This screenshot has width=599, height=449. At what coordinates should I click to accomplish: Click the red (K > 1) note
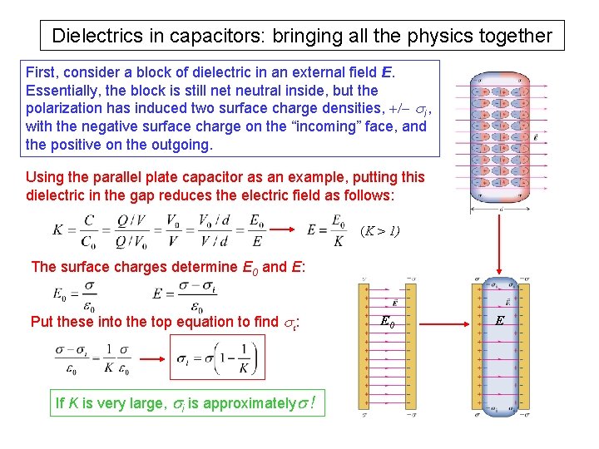tap(379, 230)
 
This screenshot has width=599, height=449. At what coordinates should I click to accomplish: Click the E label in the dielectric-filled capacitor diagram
tap(500, 321)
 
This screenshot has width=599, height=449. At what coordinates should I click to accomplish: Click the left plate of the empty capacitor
tap(363, 345)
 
